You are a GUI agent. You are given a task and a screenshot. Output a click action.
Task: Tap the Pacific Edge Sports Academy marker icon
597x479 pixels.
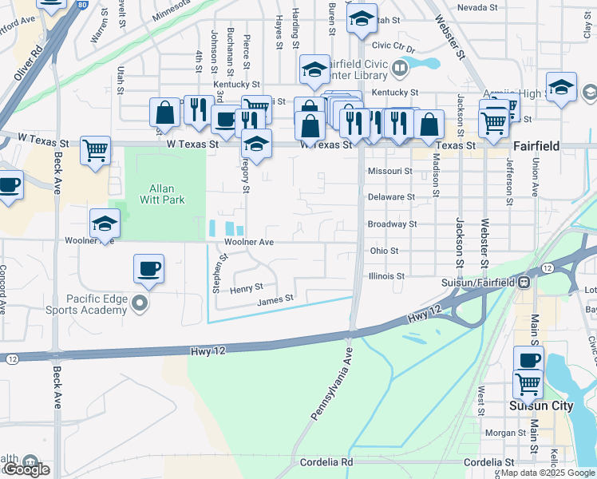pyautogui.click(x=140, y=303)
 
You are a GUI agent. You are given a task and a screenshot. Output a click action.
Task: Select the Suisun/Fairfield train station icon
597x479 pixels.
pyautogui.click(x=524, y=282)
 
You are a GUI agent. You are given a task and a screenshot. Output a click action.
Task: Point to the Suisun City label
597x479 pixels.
pyautogui.click(x=541, y=406)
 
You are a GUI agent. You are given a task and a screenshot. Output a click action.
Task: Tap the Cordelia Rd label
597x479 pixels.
pyautogui.click(x=326, y=462)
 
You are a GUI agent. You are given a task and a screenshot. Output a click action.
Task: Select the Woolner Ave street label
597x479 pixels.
pyautogui.click(x=249, y=242)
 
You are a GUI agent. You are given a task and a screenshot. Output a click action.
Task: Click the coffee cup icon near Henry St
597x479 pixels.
pyautogui.click(x=148, y=268)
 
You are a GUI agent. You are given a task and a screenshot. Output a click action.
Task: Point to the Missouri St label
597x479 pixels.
pyautogui.click(x=389, y=171)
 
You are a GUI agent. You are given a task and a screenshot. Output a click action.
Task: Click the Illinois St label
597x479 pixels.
pyautogui.click(x=386, y=276)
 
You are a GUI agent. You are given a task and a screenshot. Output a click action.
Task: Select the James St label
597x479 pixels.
pyautogui.click(x=276, y=299)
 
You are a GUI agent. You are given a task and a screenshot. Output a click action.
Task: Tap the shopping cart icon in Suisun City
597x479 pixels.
pyautogui.click(x=528, y=384)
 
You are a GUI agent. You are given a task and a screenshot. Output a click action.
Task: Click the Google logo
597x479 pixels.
pyautogui.click(x=26, y=470)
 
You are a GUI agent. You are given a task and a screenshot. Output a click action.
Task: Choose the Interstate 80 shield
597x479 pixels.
pyautogui.click(x=83, y=4)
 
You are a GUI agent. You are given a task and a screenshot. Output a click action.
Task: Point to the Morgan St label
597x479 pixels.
pyautogui.click(x=504, y=433)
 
